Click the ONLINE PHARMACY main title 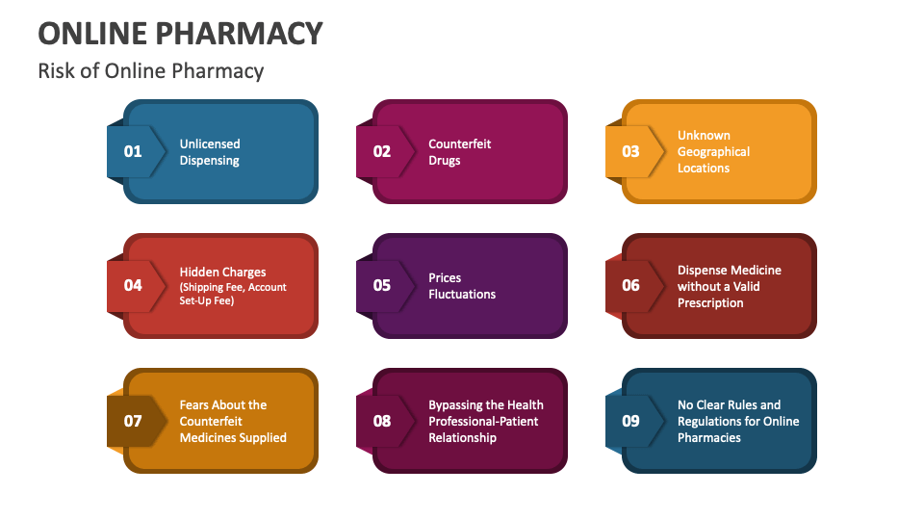180,33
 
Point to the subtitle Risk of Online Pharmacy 150,71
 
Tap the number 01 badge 133,151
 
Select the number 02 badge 382,151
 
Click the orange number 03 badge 630,151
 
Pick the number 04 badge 133,285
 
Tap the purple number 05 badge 382,285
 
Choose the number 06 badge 630,285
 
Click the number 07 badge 133,421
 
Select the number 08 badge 382,421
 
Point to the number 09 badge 630,421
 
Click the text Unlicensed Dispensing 210,152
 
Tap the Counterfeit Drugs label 460,152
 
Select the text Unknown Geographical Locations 713,152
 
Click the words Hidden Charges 222,273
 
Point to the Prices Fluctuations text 462,286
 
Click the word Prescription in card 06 710,302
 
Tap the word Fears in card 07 196,405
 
